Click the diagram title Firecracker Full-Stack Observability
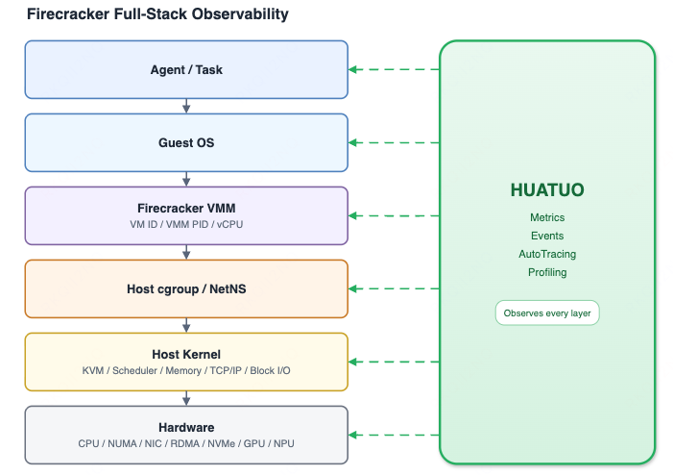point(157,14)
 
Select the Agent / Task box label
point(186,69)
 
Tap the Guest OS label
point(186,142)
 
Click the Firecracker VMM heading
point(186,208)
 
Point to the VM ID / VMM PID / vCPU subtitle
point(186,224)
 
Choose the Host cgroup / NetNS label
point(186,288)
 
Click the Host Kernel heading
point(186,354)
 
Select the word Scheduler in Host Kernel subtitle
point(134,370)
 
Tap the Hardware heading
point(186,427)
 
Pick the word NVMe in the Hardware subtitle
point(222,443)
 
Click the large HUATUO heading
point(547,190)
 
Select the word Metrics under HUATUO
point(547,217)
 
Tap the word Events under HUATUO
point(547,236)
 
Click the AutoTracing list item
point(547,254)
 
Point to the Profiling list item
point(547,272)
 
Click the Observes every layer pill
point(547,312)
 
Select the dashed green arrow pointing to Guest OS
point(394,142)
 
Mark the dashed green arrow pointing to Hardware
point(394,435)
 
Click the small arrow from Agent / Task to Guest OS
point(186,106)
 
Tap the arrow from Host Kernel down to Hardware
point(186,398)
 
